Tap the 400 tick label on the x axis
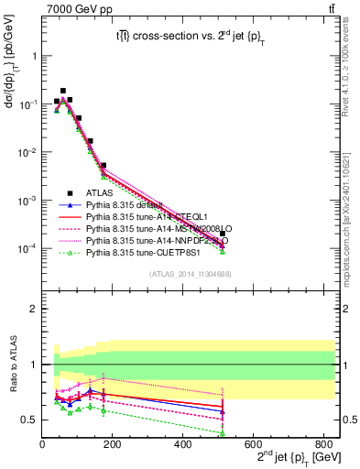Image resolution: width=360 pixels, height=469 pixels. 183,444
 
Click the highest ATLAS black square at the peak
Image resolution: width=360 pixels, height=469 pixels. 63,91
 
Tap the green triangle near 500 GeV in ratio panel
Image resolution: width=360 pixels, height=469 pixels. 224,433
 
